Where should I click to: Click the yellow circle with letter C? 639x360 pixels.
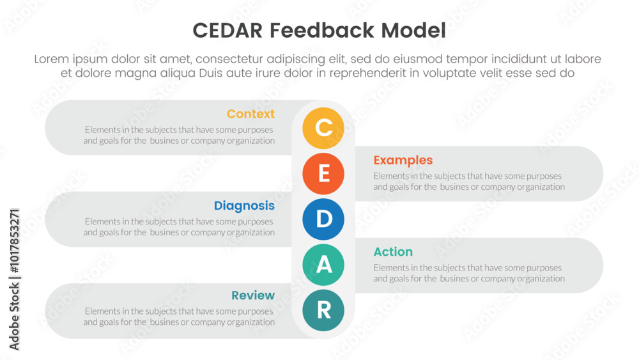(323, 128)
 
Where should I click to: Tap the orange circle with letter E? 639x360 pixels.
(323, 174)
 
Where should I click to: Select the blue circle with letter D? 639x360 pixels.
(323, 219)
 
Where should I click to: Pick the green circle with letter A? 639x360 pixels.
(323, 265)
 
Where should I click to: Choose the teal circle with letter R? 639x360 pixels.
(323, 310)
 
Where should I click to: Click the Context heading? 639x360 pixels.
(250, 114)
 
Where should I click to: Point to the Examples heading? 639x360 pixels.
(403, 160)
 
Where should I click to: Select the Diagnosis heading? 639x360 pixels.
(244, 206)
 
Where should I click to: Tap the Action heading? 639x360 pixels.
(393, 251)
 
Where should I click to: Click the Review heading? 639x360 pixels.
(253, 295)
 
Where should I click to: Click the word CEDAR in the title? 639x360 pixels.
(227, 31)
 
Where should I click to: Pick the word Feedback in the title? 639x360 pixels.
(321, 31)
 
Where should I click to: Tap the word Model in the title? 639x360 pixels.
(413, 31)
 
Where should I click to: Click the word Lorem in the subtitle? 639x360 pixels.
(51, 59)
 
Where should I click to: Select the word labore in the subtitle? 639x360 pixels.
(582, 59)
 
